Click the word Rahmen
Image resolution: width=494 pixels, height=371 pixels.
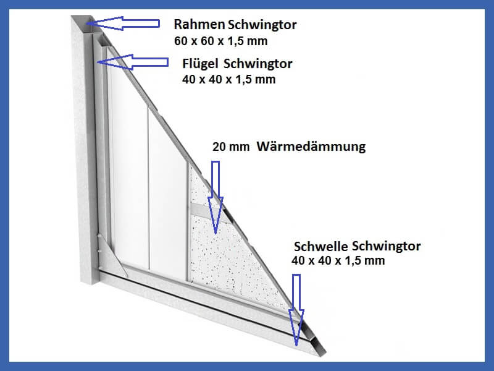coord(199,24)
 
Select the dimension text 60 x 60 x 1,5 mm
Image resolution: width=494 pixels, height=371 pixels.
coord(221,41)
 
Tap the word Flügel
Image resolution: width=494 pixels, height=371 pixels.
coord(200,64)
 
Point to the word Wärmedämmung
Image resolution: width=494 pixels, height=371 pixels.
coord(311,147)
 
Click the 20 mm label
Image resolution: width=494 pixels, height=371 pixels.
coord(231,147)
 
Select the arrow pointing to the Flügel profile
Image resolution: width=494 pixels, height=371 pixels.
coord(133,62)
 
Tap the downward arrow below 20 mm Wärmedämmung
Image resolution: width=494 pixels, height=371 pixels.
coord(216,197)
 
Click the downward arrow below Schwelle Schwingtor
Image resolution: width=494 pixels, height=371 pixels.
coord(296,310)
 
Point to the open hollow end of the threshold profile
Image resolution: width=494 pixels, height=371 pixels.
coord(317,346)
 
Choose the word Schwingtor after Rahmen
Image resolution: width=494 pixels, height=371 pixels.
coord(262,24)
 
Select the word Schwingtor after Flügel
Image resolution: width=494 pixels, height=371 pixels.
coord(258,64)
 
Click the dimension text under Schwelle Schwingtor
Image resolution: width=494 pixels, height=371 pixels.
coord(338,260)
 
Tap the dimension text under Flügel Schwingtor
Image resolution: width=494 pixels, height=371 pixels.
coord(228,79)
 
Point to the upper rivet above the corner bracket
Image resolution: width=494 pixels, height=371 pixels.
coord(99,235)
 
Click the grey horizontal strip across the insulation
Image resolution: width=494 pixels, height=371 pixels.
coord(208,210)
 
